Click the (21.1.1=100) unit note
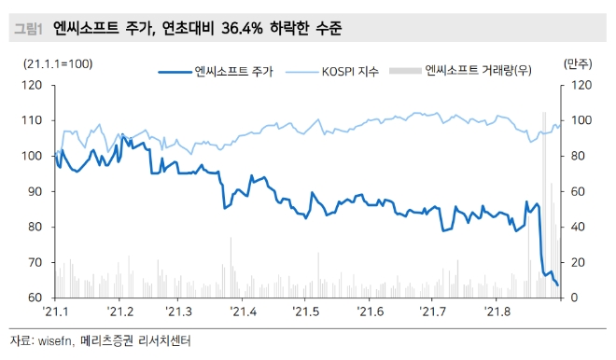[x=58, y=63]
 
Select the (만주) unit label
[x=579, y=63]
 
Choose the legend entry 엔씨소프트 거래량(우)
[x=477, y=71]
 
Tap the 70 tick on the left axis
[x=36, y=262]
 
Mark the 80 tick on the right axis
[x=577, y=156]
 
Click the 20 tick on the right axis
[x=577, y=262]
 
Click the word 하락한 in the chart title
[x=297, y=30]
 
